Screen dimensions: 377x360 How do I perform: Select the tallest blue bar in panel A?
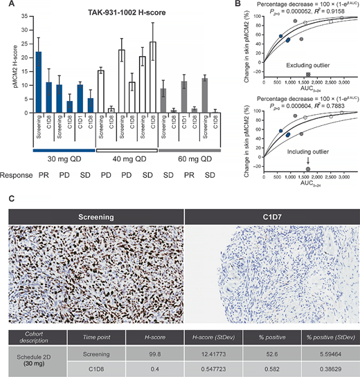(39, 82)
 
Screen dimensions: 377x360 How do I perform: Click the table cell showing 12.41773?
(222, 351)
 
